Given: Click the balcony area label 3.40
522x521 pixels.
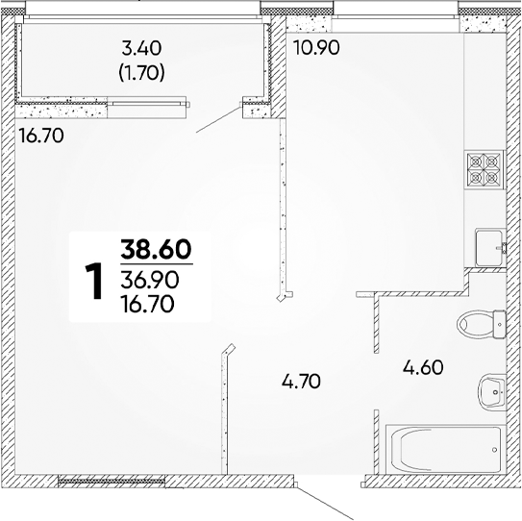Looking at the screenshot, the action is pyautogui.click(x=142, y=49).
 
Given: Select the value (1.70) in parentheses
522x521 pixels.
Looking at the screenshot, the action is pyautogui.click(x=142, y=73).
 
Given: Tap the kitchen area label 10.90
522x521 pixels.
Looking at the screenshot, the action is pyautogui.click(x=316, y=48).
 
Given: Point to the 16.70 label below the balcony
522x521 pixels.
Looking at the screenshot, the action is pyautogui.click(x=41, y=136).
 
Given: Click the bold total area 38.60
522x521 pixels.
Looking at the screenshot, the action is pyautogui.click(x=157, y=249).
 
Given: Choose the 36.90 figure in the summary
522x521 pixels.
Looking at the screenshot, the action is pyautogui.click(x=150, y=280).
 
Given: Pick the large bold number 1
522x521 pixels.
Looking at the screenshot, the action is pyautogui.click(x=93, y=282).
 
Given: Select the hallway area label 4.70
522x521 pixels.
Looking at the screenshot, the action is pyautogui.click(x=301, y=382).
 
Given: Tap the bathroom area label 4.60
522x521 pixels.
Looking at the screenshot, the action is pyautogui.click(x=423, y=368).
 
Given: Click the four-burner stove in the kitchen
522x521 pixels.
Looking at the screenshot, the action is pyautogui.click(x=485, y=169).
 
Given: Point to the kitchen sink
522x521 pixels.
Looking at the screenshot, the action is pyautogui.click(x=490, y=247).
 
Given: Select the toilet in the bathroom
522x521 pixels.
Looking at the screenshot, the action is pyautogui.click(x=482, y=324).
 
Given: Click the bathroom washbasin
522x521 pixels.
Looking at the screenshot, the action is pyautogui.click(x=492, y=392).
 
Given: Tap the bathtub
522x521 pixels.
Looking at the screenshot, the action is pyautogui.click(x=446, y=449).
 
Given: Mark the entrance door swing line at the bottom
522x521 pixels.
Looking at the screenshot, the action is pyautogui.click(x=324, y=503).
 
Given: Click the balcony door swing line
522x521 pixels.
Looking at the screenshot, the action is pyautogui.click(x=218, y=119).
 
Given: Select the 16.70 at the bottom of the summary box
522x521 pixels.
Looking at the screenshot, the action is pyautogui.click(x=148, y=304).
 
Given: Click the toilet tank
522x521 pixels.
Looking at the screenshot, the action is pyautogui.click(x=500, y=324).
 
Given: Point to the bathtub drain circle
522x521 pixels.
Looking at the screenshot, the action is pyautogui.click(x=494, y=450).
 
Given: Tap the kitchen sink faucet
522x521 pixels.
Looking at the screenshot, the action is pyautogui.click(x=502, y=248).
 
